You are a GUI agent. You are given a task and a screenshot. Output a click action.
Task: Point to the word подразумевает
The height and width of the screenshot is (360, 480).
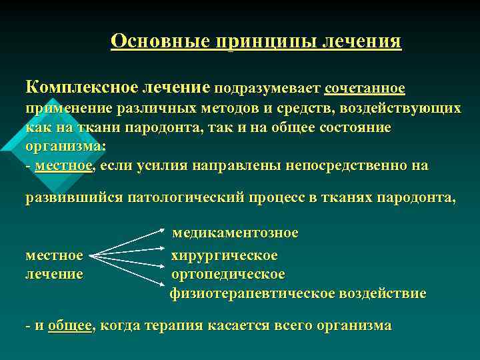pos(267,89)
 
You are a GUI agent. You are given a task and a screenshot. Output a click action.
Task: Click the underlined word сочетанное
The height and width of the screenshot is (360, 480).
pos(365,88)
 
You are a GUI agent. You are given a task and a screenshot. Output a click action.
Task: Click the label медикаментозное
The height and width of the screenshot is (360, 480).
pos(235,233)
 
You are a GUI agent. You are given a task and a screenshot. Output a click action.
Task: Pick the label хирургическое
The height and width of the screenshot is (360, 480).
pos(225,255)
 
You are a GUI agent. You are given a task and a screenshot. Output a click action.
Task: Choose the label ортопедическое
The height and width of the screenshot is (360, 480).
pos(228,274)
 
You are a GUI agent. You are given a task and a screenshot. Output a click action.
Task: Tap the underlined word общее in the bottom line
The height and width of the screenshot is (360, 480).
pos(70,326)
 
